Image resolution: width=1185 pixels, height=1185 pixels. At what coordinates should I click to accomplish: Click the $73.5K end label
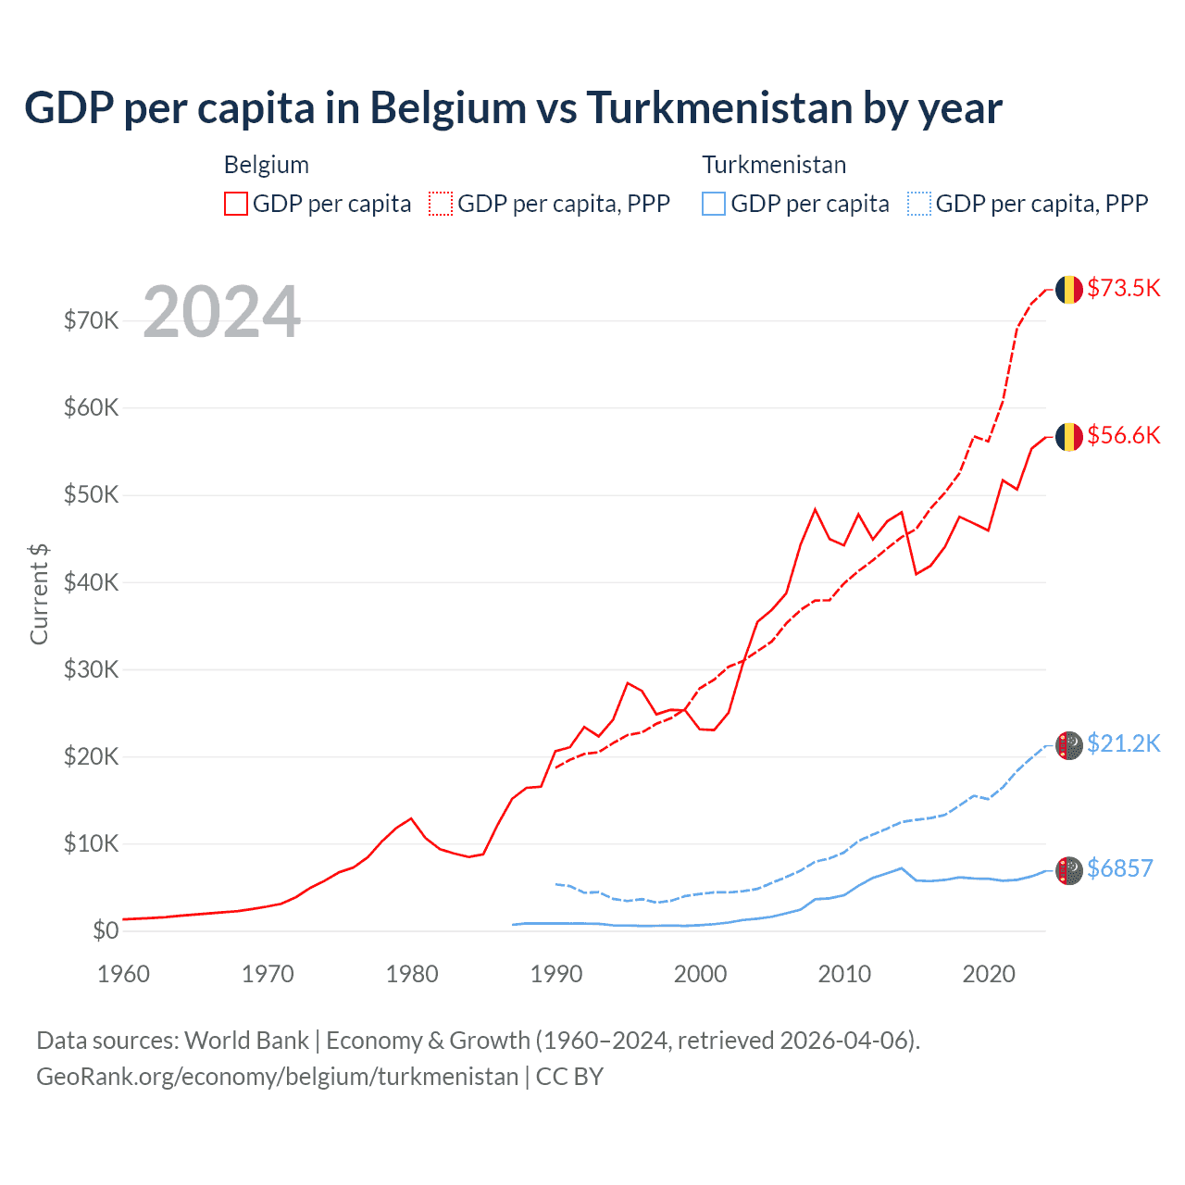click(1123, 288)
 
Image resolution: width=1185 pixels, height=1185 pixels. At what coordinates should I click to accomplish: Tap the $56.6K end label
click(1123, 435)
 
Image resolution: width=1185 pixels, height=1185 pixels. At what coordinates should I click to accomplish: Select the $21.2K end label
click(1123, 743)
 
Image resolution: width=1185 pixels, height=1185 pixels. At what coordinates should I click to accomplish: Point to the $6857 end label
click(1119, 868)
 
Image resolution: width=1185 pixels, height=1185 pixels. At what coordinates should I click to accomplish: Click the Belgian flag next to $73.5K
click(1069, 289)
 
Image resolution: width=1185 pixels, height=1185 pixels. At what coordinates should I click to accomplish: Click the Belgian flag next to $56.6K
click(1069, 436)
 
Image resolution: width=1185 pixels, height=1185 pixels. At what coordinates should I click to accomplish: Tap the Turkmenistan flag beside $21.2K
click(1069, 745)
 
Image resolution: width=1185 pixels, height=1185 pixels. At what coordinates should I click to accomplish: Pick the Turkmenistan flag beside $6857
click(1069, 870)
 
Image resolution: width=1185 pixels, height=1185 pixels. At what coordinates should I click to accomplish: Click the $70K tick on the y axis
click(92, 321)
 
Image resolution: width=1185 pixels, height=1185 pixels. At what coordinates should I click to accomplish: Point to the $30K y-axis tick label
click(92, 669)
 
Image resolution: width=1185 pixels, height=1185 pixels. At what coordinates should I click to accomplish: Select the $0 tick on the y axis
click(106, 930)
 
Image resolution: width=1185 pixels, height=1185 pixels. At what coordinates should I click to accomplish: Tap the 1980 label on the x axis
click(412, 974)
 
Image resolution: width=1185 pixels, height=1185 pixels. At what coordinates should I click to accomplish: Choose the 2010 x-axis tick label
click(844, 974)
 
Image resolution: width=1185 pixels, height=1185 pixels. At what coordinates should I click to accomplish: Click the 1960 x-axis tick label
click(124, 974)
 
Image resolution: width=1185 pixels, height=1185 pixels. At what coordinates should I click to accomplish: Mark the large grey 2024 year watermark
click(222, 312)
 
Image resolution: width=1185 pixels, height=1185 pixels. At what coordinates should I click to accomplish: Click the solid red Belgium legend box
click(236, 204)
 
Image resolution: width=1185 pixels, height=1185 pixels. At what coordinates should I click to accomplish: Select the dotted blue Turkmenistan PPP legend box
click(919, 204)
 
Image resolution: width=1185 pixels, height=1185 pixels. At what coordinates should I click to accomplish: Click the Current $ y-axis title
click(39, 593)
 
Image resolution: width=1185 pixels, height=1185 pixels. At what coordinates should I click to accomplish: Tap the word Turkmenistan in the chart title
click(720, 107)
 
